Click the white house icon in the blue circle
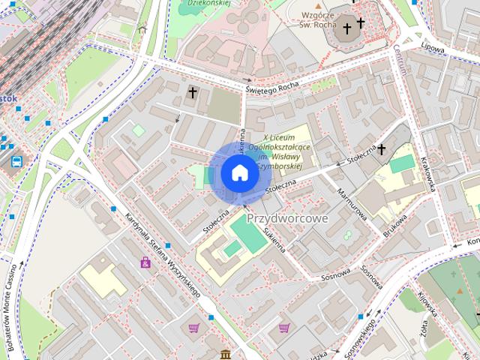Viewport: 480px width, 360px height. (x=238, y=173)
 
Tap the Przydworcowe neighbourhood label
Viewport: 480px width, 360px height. (x=287, y=217)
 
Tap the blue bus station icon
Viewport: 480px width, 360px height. (x=16, y=160)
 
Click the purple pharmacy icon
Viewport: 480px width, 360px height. (x=145, y=262)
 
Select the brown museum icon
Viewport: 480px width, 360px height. (x=226, y=354)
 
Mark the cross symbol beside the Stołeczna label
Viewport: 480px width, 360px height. (x=381, y=149)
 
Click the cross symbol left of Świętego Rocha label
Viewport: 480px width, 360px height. (x=193, y=93)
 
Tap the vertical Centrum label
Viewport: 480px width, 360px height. (x=398, y=59)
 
